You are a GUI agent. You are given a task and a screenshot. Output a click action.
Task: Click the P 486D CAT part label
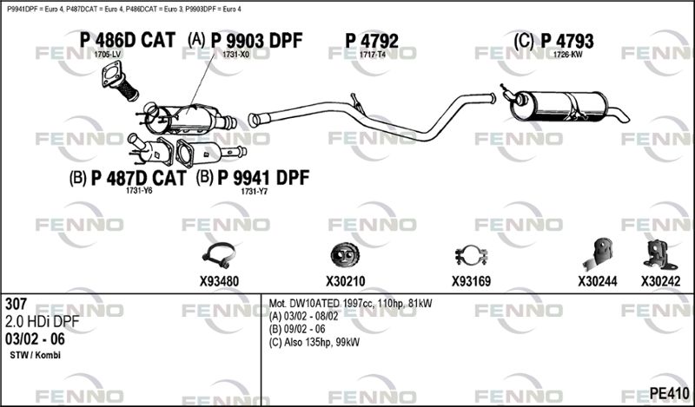(127, 40)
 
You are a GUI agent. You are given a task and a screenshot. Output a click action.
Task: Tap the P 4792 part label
(372, 40)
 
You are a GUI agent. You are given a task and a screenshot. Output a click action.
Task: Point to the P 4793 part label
(566, 40)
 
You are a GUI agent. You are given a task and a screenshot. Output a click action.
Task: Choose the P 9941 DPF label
(262, 178)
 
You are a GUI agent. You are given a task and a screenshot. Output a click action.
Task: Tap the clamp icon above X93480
(219, 255)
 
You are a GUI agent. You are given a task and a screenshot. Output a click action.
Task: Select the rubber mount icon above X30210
(345, 255)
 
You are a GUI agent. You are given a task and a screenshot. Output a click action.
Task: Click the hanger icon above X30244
(598, 253)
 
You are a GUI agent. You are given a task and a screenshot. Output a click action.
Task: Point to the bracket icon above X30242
(658, 253)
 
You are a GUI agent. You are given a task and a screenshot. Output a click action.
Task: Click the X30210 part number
(346, 281)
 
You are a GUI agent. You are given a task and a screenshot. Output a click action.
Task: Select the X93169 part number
(472, 281)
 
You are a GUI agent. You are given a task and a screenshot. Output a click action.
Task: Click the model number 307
(17, 305)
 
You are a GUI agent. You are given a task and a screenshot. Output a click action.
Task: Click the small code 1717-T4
(372, 55)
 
